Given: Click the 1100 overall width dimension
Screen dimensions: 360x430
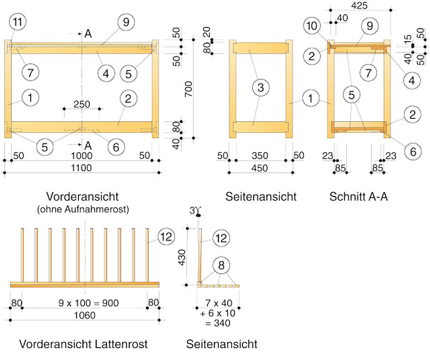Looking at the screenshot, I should (82, 168).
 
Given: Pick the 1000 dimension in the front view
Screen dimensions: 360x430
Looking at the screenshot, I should (82, 156).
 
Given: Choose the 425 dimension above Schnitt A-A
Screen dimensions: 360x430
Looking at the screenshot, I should (360, 5).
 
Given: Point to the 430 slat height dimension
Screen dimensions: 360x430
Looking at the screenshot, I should (188, 257).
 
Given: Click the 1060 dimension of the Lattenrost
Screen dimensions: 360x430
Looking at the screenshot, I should (85, 315).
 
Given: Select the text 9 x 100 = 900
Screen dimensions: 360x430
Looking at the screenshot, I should (85, 303).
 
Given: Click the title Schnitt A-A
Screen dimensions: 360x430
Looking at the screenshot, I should (359, 197).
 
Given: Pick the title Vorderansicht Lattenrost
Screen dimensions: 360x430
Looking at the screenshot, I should (83, 344).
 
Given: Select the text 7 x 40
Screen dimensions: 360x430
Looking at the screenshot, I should (218, 303).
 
